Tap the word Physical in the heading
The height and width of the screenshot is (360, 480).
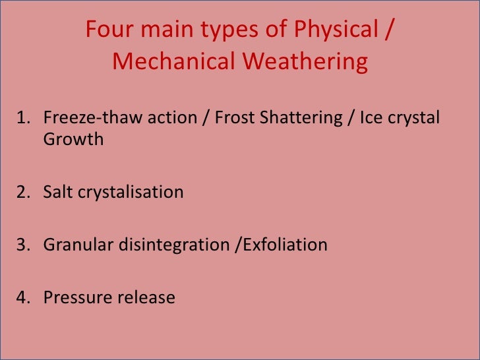[340, 30]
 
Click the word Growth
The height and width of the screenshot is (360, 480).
[73, 140]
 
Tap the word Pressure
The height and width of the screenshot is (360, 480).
[77, 298]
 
